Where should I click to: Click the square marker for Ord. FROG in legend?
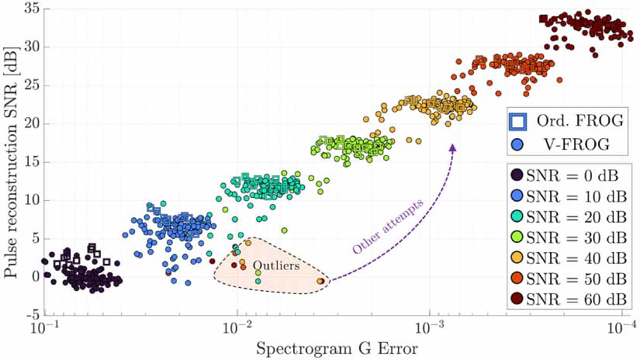tap(517, 121)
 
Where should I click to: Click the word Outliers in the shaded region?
tap(277, 266)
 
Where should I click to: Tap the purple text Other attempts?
tap(386, 227)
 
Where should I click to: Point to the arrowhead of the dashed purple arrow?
tap(453, 145)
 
